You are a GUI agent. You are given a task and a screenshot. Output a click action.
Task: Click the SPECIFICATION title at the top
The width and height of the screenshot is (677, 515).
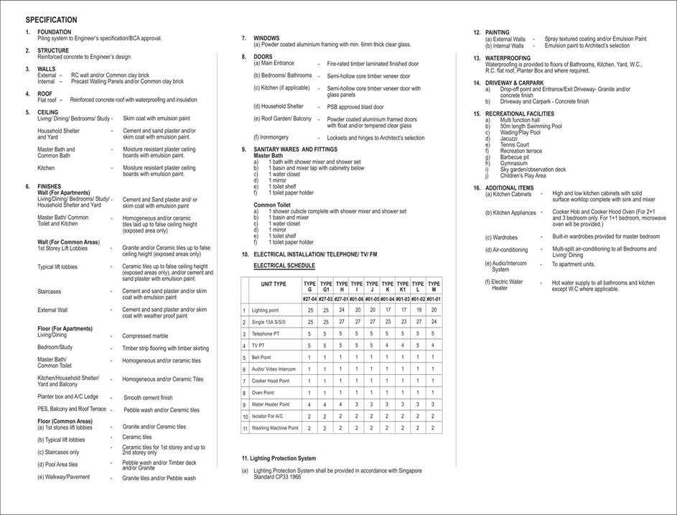click(x=51, y=20)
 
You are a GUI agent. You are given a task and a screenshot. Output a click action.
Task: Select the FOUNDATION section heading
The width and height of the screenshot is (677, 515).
click(x=54, y=32)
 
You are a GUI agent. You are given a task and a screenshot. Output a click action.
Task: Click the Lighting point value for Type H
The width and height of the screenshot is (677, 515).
click(x=342, y=310)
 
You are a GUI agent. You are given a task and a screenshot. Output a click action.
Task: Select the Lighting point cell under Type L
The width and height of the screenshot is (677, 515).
click(x=418, y=310)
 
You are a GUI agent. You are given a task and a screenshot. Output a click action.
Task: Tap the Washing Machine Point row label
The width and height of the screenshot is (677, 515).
click(x=275, y=427)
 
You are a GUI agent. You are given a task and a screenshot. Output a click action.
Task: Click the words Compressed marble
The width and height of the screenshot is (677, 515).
click(x=144, y=335)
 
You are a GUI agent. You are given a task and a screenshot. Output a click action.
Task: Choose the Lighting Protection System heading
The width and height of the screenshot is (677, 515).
click(x=279, y=458)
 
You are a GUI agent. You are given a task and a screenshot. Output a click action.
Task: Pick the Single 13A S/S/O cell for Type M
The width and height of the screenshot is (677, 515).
click(x=433, y=322)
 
